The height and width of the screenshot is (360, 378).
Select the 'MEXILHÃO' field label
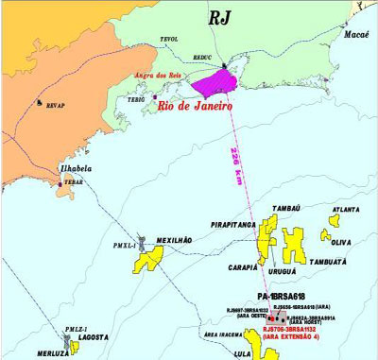coord(174,240)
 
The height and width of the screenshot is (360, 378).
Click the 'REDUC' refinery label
coord(202,56)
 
